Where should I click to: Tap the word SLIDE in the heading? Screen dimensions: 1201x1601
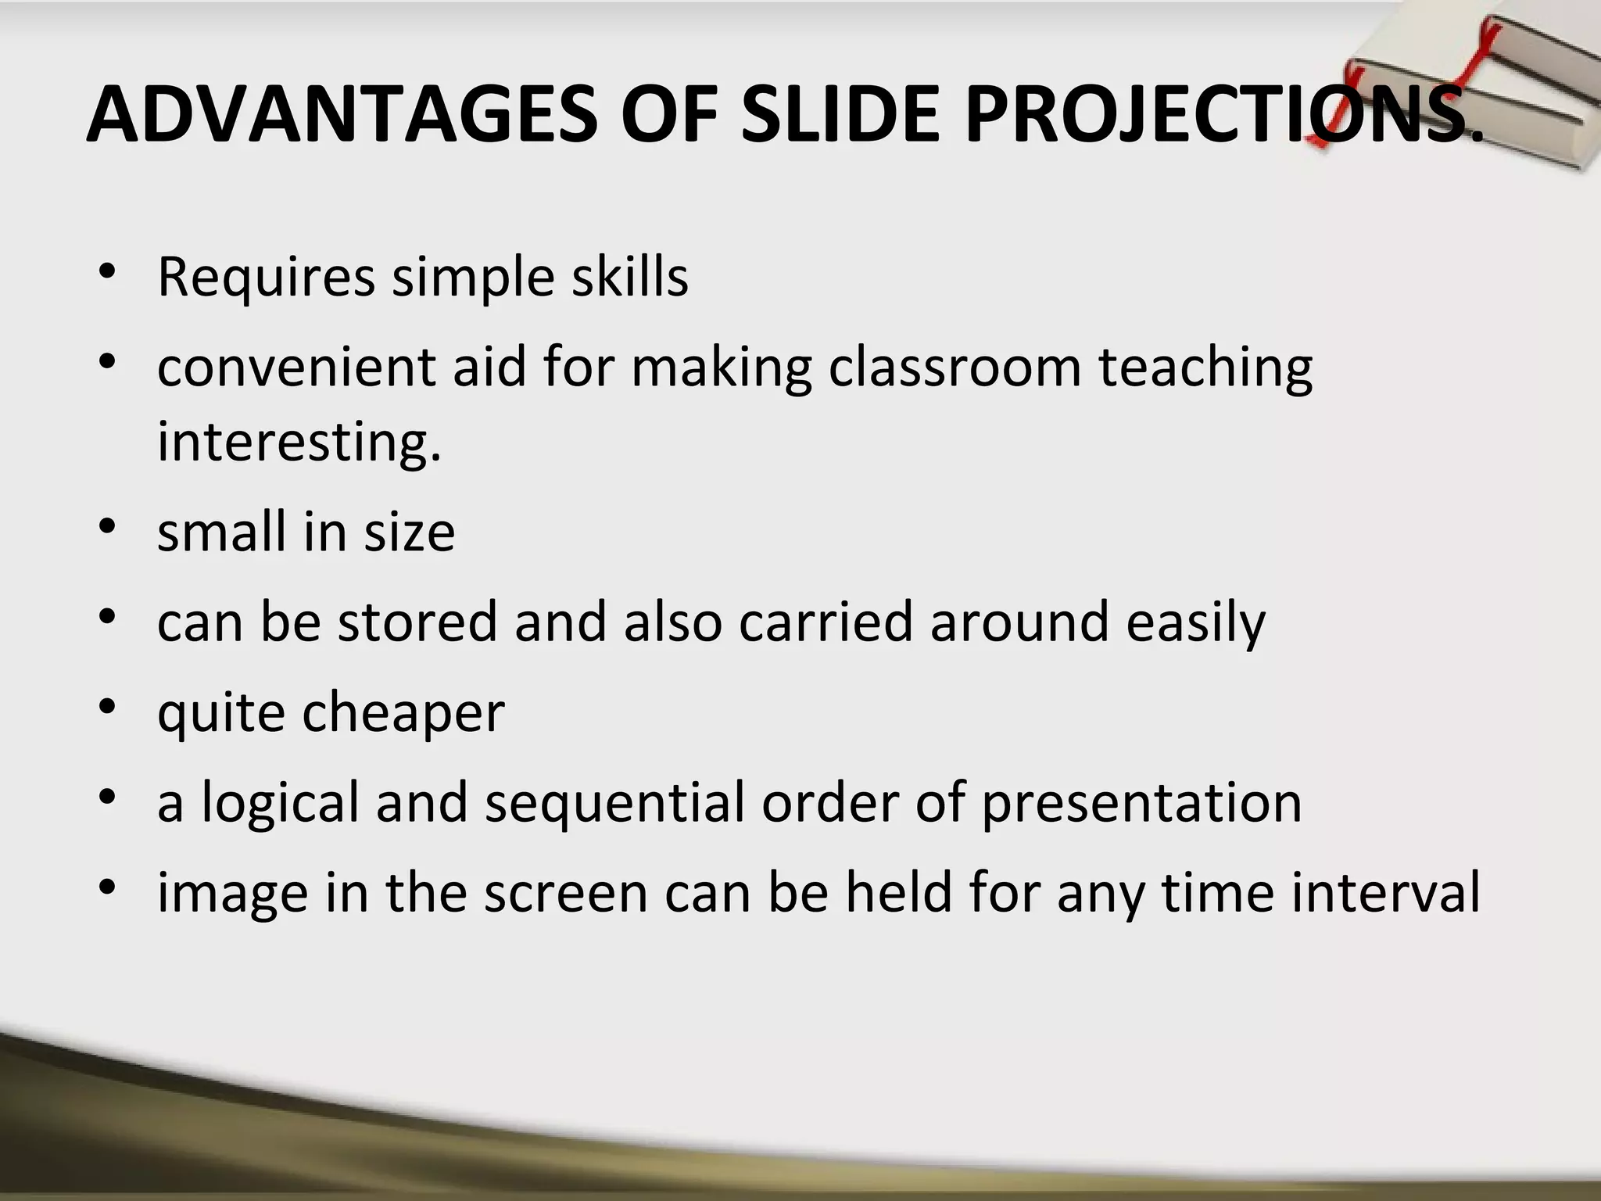point(840,115)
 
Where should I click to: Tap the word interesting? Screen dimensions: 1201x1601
point(299,441)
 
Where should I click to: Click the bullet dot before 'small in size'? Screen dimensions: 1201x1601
point(108,526)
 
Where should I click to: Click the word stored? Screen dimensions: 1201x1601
point(417,622)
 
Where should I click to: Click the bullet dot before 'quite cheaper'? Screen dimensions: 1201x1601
point(108,706)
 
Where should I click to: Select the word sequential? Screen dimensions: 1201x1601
point(614,803)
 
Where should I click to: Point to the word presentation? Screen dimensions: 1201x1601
point(1141,803)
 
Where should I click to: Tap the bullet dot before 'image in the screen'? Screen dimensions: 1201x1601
point(108,887)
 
